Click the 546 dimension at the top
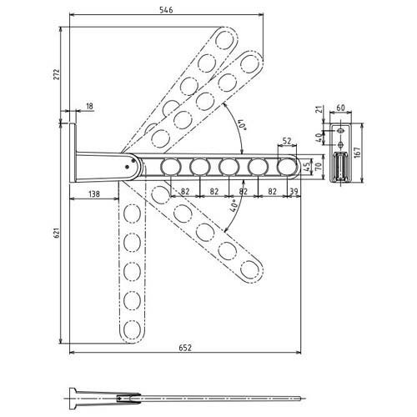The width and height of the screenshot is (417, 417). pos(166,10)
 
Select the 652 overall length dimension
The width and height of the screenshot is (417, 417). pos(185,348)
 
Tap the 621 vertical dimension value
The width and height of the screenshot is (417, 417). pos(57,233)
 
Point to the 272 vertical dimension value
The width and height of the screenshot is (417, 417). pos(57,74)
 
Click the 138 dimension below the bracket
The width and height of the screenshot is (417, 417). pos(94,193)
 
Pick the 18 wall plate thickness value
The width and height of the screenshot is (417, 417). pos(89,106)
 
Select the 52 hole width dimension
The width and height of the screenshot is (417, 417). pos(287,141)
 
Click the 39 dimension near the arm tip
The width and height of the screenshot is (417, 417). pos(294,191)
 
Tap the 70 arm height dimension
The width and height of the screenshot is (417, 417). pos(319,166)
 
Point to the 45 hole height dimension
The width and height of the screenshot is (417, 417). pos(307,167)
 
